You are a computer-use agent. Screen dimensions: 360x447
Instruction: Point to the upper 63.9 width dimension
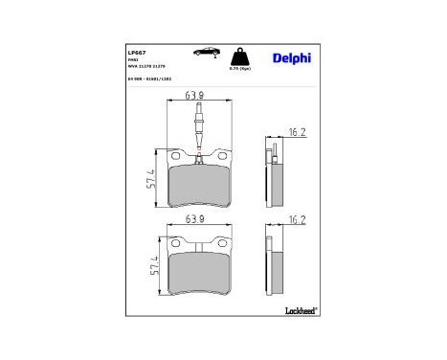[x=195, y=98]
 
